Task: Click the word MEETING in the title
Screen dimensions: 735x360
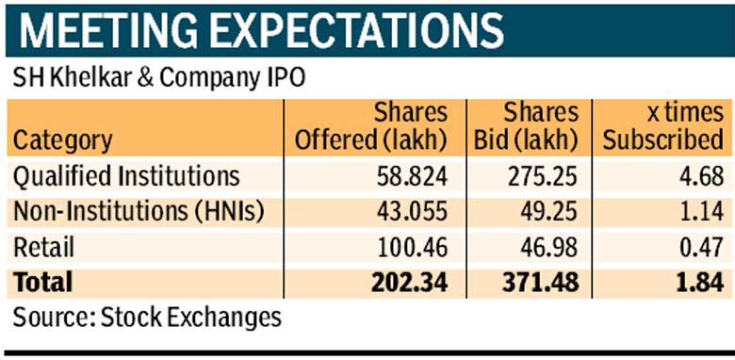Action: click(105, 31)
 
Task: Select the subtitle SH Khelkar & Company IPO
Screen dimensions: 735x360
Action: click(159, 79)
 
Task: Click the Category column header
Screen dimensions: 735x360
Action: click(63, 140)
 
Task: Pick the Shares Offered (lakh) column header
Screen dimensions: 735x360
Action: click(370, 127)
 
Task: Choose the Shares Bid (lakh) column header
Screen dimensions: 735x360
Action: click(526, 127)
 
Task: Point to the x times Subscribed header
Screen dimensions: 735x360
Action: click(662, 127)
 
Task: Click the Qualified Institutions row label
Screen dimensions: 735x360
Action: click(126, 177)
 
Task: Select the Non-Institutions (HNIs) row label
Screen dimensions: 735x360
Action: click(139, 212)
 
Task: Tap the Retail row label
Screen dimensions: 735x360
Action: click(43, 247)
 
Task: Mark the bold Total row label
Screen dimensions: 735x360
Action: click(43, 282)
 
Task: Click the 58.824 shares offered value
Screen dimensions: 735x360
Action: click(412, 177)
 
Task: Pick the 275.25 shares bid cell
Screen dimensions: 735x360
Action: click(542, 177)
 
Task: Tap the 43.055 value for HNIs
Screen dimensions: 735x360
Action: click(412, 212)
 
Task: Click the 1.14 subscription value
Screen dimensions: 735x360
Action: click(700, 212)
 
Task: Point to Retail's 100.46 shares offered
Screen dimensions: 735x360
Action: click(413, 248)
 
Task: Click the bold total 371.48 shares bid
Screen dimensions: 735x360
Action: click(540, 283)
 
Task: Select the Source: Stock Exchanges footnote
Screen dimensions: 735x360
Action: click(147, 318)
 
